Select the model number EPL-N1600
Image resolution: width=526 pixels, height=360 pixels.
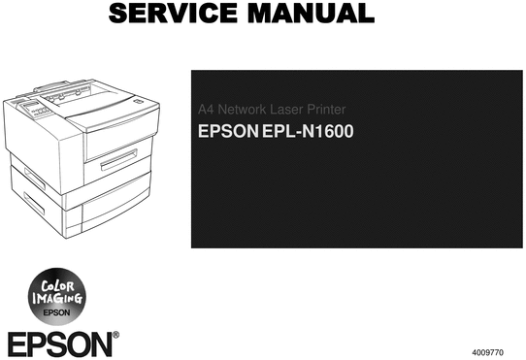(307, 129)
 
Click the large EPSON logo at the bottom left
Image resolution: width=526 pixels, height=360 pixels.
(57, 344)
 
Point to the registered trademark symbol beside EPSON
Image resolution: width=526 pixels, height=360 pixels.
(115, 336)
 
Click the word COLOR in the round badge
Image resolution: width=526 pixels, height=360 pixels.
(53, 286)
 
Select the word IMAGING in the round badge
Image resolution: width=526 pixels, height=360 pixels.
(54, 300)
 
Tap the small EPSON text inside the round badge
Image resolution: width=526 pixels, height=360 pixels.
(54, 312)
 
